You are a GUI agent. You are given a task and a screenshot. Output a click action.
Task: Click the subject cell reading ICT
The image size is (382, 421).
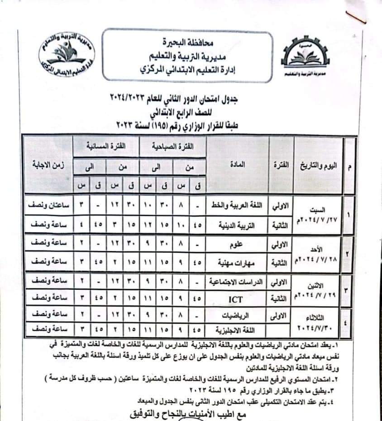238,298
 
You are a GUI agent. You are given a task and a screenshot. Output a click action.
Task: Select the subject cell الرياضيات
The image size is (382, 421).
238,314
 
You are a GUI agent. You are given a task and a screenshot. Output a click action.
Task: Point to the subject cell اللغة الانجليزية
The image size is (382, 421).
238,330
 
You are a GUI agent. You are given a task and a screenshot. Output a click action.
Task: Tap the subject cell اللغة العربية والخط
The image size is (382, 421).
238,205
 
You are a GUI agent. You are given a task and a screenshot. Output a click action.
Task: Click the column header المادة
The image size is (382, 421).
238,165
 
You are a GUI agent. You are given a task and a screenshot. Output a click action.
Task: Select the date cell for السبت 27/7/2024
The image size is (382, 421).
319,214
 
